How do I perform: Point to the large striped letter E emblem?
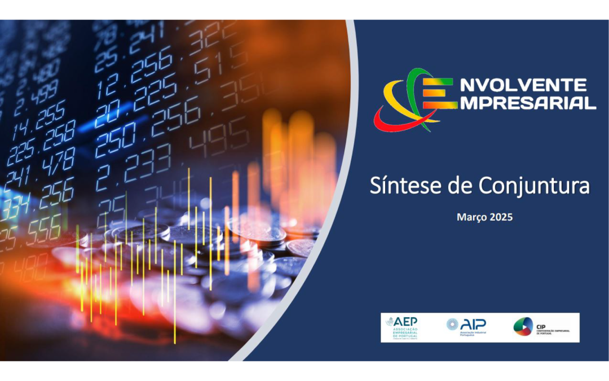(438, 93)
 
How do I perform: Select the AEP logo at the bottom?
(402, 327)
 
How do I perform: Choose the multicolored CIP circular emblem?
(523, 327)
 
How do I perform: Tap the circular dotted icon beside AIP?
(452, 325)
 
